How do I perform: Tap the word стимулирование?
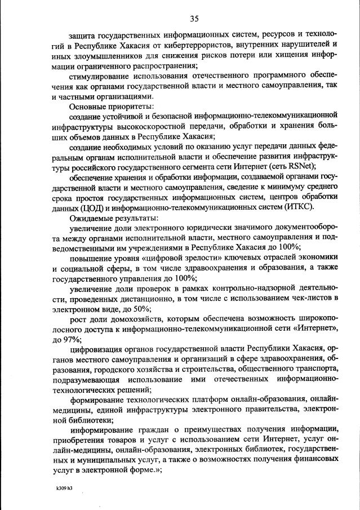102,75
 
